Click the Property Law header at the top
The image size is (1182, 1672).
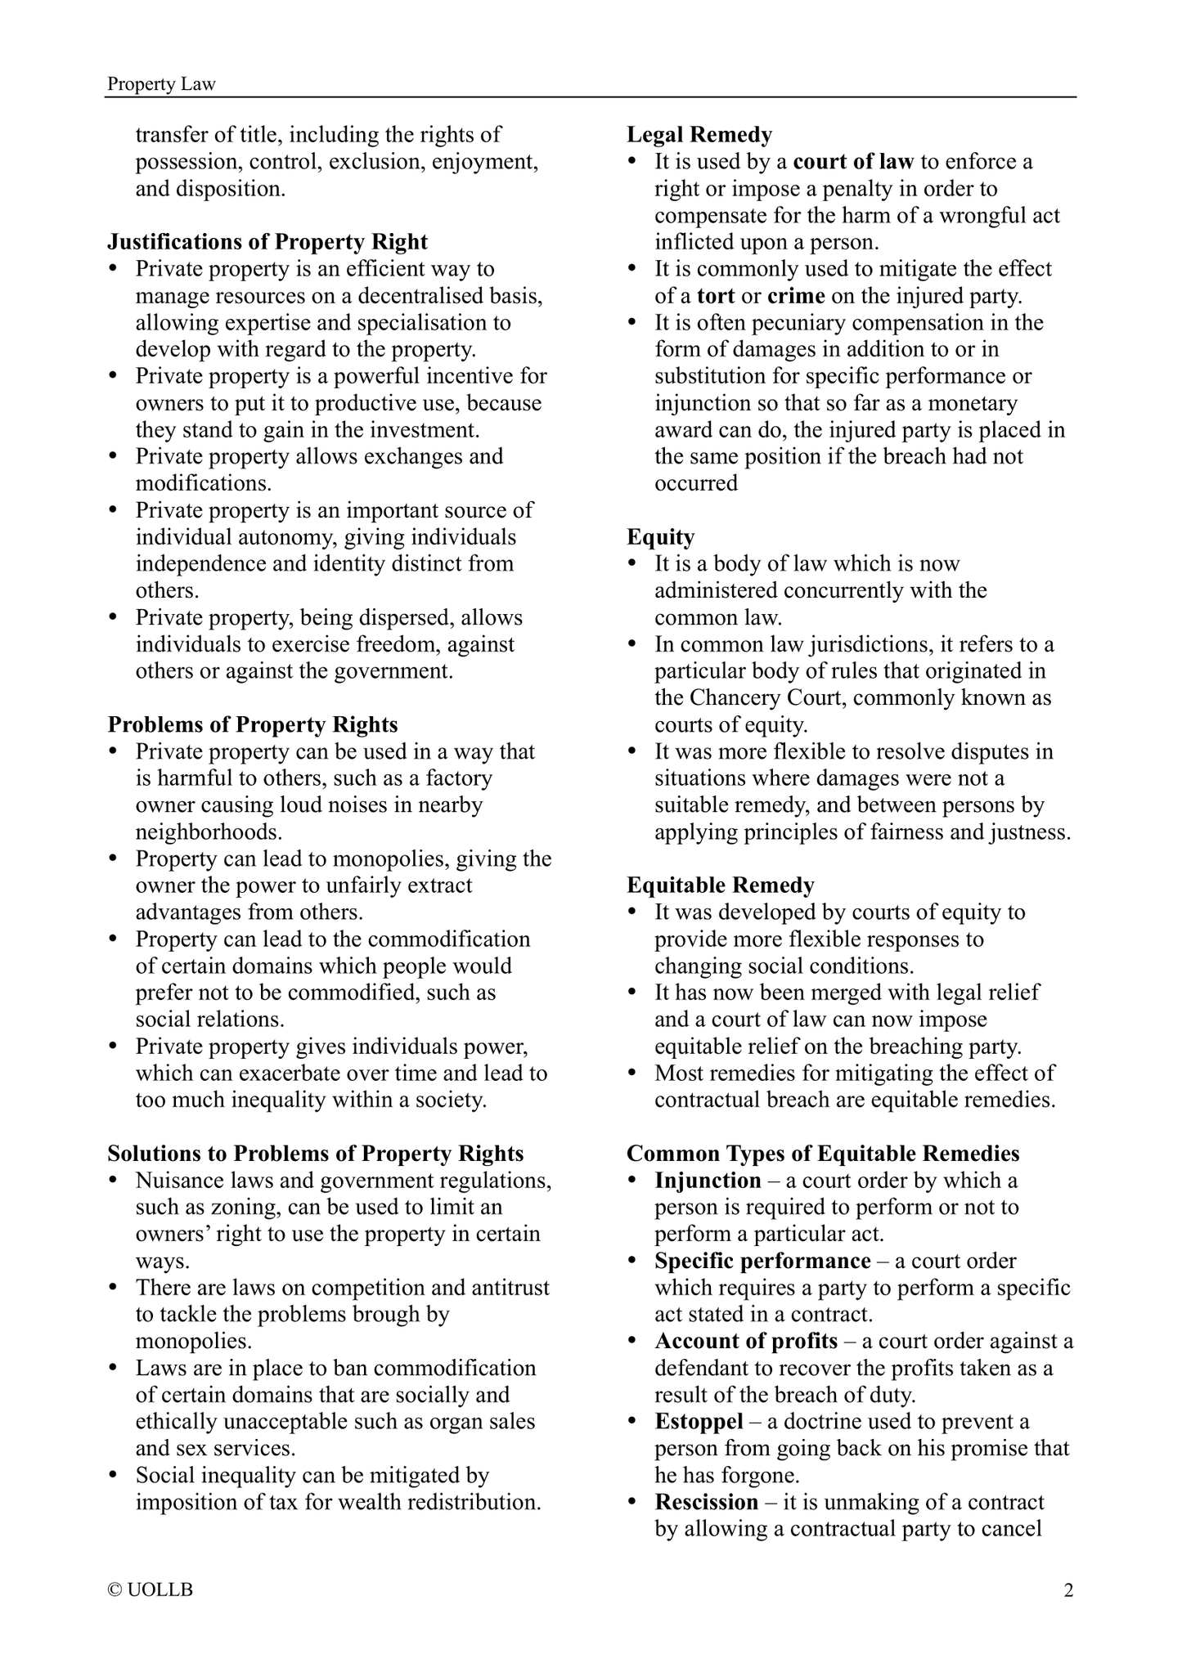tap(161, 84)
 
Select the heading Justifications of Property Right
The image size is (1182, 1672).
tap(267, 242)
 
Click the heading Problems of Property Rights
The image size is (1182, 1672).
tap(253, 724)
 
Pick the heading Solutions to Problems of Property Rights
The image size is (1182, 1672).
tap(316, 1154)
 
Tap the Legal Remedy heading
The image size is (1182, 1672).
tap(699, 135)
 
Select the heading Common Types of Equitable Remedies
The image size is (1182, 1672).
tap(823, 1154)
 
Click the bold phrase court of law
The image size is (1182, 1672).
tap(853, 162)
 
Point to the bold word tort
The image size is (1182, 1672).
tap(716, 296)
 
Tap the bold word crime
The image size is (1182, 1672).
tap(796, 296)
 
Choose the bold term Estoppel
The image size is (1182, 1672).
tap(699, 1422)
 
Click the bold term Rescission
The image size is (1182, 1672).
tap(707, 1502)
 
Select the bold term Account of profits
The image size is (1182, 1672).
tap(746, 1342)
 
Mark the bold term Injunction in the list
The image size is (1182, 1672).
tap(708, 1181)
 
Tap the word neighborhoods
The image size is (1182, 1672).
tap(209, 832)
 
